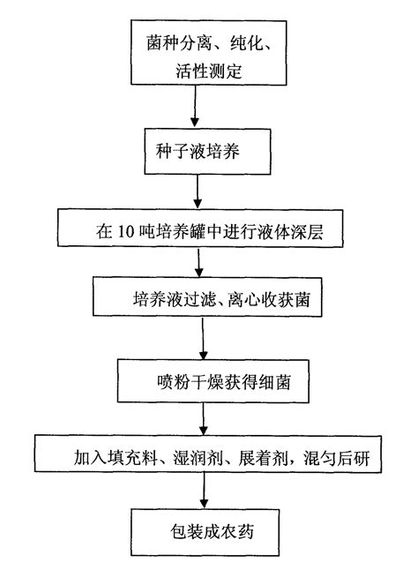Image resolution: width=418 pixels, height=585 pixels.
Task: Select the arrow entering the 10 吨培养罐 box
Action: click(x=198, y=191)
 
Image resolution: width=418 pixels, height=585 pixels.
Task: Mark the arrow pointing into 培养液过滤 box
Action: click(x=201, y=263)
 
